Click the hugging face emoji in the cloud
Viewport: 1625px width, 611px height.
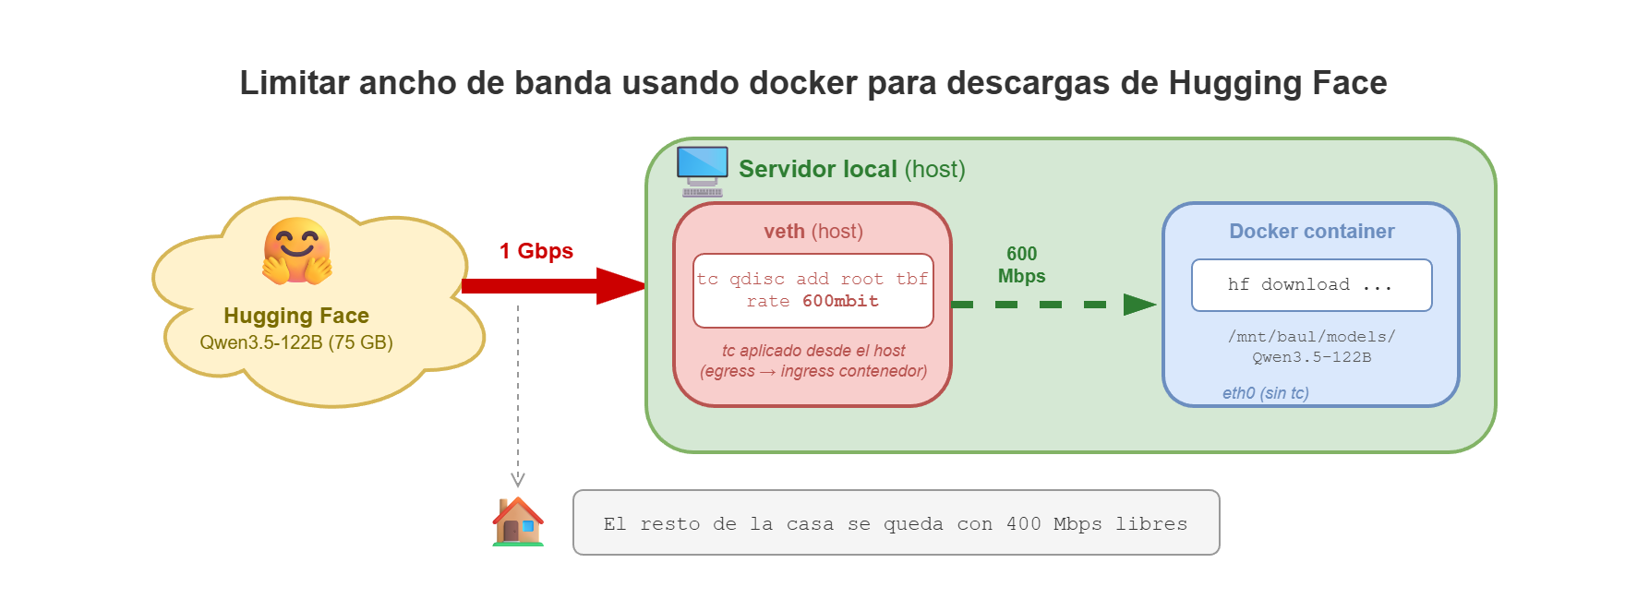point(296,250)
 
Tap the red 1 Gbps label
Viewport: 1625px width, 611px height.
point(536,251)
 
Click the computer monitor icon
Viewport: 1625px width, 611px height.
point(702,170)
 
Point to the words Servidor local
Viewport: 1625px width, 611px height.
point(817,170)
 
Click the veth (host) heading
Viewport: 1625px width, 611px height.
point(812,232)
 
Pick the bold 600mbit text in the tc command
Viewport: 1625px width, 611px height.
point(840,302)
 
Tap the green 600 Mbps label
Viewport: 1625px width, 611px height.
point(1021,265)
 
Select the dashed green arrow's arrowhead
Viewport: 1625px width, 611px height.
point(1139,305)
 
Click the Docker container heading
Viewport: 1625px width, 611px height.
point(1311,232)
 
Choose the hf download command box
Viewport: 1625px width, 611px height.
point(1311,285)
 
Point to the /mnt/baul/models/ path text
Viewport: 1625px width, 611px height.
point(1311,337)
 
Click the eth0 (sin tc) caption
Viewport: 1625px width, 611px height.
point(1265,393)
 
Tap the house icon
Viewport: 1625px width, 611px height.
point(518,522)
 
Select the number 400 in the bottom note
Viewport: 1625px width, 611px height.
point(1023,524)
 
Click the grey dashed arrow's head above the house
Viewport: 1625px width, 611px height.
point(518,479)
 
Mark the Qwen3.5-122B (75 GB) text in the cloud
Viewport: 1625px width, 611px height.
point(296,342)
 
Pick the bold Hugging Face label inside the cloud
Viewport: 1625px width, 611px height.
point(296,316)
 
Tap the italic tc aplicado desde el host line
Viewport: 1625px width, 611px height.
point(812,351)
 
